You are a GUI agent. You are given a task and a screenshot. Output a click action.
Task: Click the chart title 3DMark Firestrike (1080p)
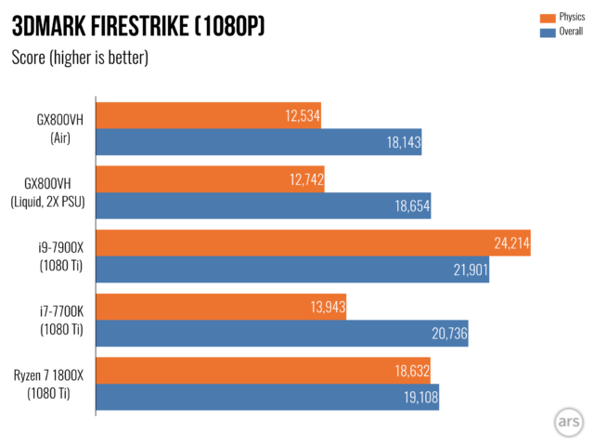tap(138, 27)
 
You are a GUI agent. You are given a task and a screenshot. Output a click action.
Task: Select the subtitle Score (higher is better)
tap(80, 59)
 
